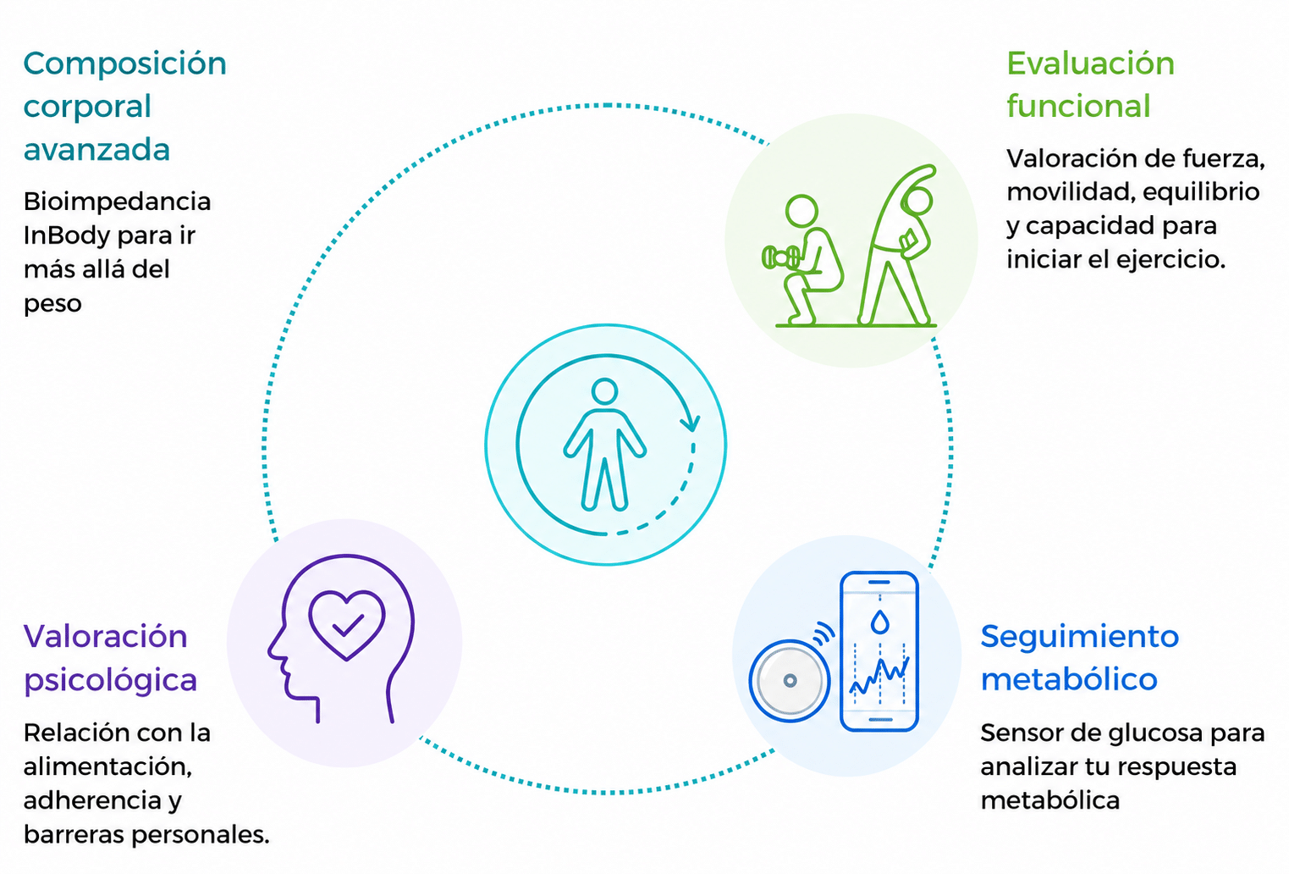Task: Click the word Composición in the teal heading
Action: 125,64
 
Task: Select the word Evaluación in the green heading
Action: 1090,64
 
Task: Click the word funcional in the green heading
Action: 1078,106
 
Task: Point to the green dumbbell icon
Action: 780,257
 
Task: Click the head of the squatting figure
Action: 801,212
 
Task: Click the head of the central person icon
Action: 604,391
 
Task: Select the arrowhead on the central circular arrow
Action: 690,422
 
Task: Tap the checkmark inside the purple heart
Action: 348,625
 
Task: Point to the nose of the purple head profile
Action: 273,650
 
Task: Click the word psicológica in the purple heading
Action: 111,681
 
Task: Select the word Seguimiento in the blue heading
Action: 1080,637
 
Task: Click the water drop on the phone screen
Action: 879,622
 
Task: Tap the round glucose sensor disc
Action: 790,681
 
